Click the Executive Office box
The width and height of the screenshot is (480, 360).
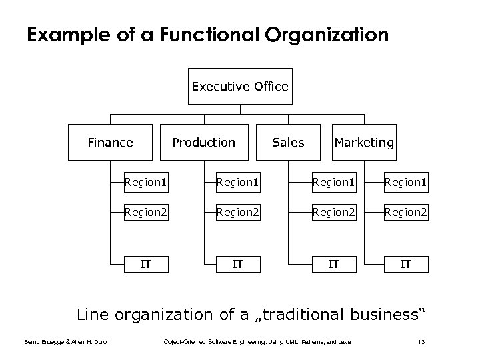pyautogui.click(x=240, y=87)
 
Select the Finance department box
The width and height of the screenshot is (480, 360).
pyautogui.click(x=111, y=143)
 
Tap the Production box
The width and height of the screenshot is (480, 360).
pyautogui.click(x=204, y=143)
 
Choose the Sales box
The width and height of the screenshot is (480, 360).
pyautogui.click(x=288, y=143)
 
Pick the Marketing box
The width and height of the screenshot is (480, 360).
pyautogui.click(x=364, y=143)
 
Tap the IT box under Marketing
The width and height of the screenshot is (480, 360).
pyautogui.click(x=405, y=264)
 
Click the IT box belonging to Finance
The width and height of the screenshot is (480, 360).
pyautogui.click(x=145, y=264)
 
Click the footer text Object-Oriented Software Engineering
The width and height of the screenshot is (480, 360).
pyautogui.click(x=213, y=343)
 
